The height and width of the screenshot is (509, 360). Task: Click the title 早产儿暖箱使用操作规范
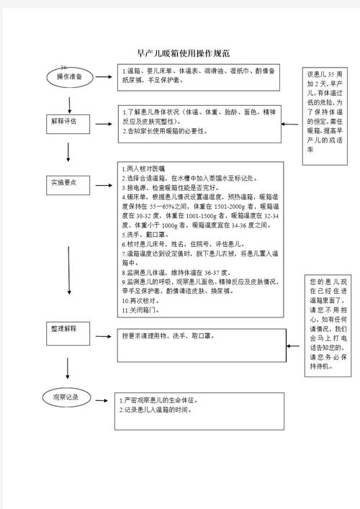[x=184, y=53]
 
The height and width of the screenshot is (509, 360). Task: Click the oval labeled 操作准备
[x=70, y=77]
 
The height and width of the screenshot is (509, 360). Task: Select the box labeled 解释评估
[x=68, y=122]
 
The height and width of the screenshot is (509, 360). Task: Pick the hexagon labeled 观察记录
[x=70, y=397]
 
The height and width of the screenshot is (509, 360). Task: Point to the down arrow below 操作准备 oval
[x=68, y=99]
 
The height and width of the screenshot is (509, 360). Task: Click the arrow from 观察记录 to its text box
[x=104, y=397]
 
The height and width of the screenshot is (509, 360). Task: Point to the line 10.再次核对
[x=143, y=300]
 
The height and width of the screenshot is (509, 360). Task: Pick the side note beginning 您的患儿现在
[x=328, y=323]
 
